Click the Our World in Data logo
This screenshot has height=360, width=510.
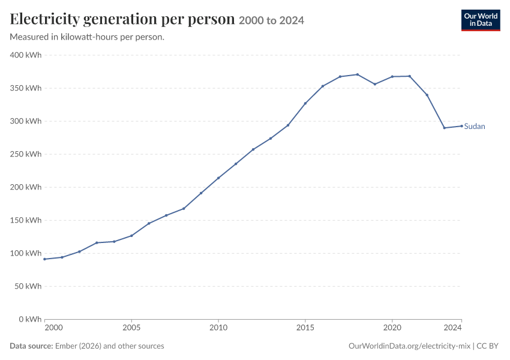(x=481, y=20)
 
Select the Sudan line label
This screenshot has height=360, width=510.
(x=474, y=126)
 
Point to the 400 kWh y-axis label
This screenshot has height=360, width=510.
(x=26, y=55)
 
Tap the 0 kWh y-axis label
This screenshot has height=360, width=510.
(x=30, y=319)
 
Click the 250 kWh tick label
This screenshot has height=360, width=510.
(x=26, y=154)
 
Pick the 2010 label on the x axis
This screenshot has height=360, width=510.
(x=218, y=328)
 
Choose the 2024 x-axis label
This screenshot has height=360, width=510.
(x=453, y=328)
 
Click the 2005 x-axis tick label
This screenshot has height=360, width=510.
(x=131, y=328)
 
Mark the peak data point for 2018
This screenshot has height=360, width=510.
(x=358, y=74)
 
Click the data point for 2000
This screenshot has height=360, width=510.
(x=44, y=259)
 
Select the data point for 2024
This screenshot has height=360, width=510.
(x=461, y=126)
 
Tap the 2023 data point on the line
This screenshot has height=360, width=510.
(x=444, y=128)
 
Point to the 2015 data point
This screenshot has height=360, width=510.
(x=305, y=103)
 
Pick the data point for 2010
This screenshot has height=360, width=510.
(x=218, y=178)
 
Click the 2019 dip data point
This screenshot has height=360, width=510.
(x=374, y=84)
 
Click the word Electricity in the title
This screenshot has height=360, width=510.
(x=44, y=19)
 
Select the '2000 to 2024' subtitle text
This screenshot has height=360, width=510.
(x=271, y=20)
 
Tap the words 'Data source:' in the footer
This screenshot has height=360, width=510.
(x=31, y=346)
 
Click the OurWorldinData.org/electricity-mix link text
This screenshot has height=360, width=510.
(x=409, y=346)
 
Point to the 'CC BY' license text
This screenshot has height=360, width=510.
(x=487, y=346)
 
